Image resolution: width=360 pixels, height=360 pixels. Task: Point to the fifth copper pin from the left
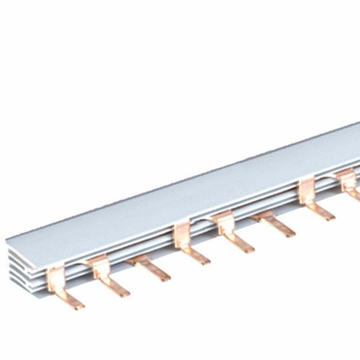click(232, 233)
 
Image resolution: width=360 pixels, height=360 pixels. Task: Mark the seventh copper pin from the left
click(314, 201)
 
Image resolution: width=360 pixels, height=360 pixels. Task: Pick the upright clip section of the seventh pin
click(307, 190)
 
